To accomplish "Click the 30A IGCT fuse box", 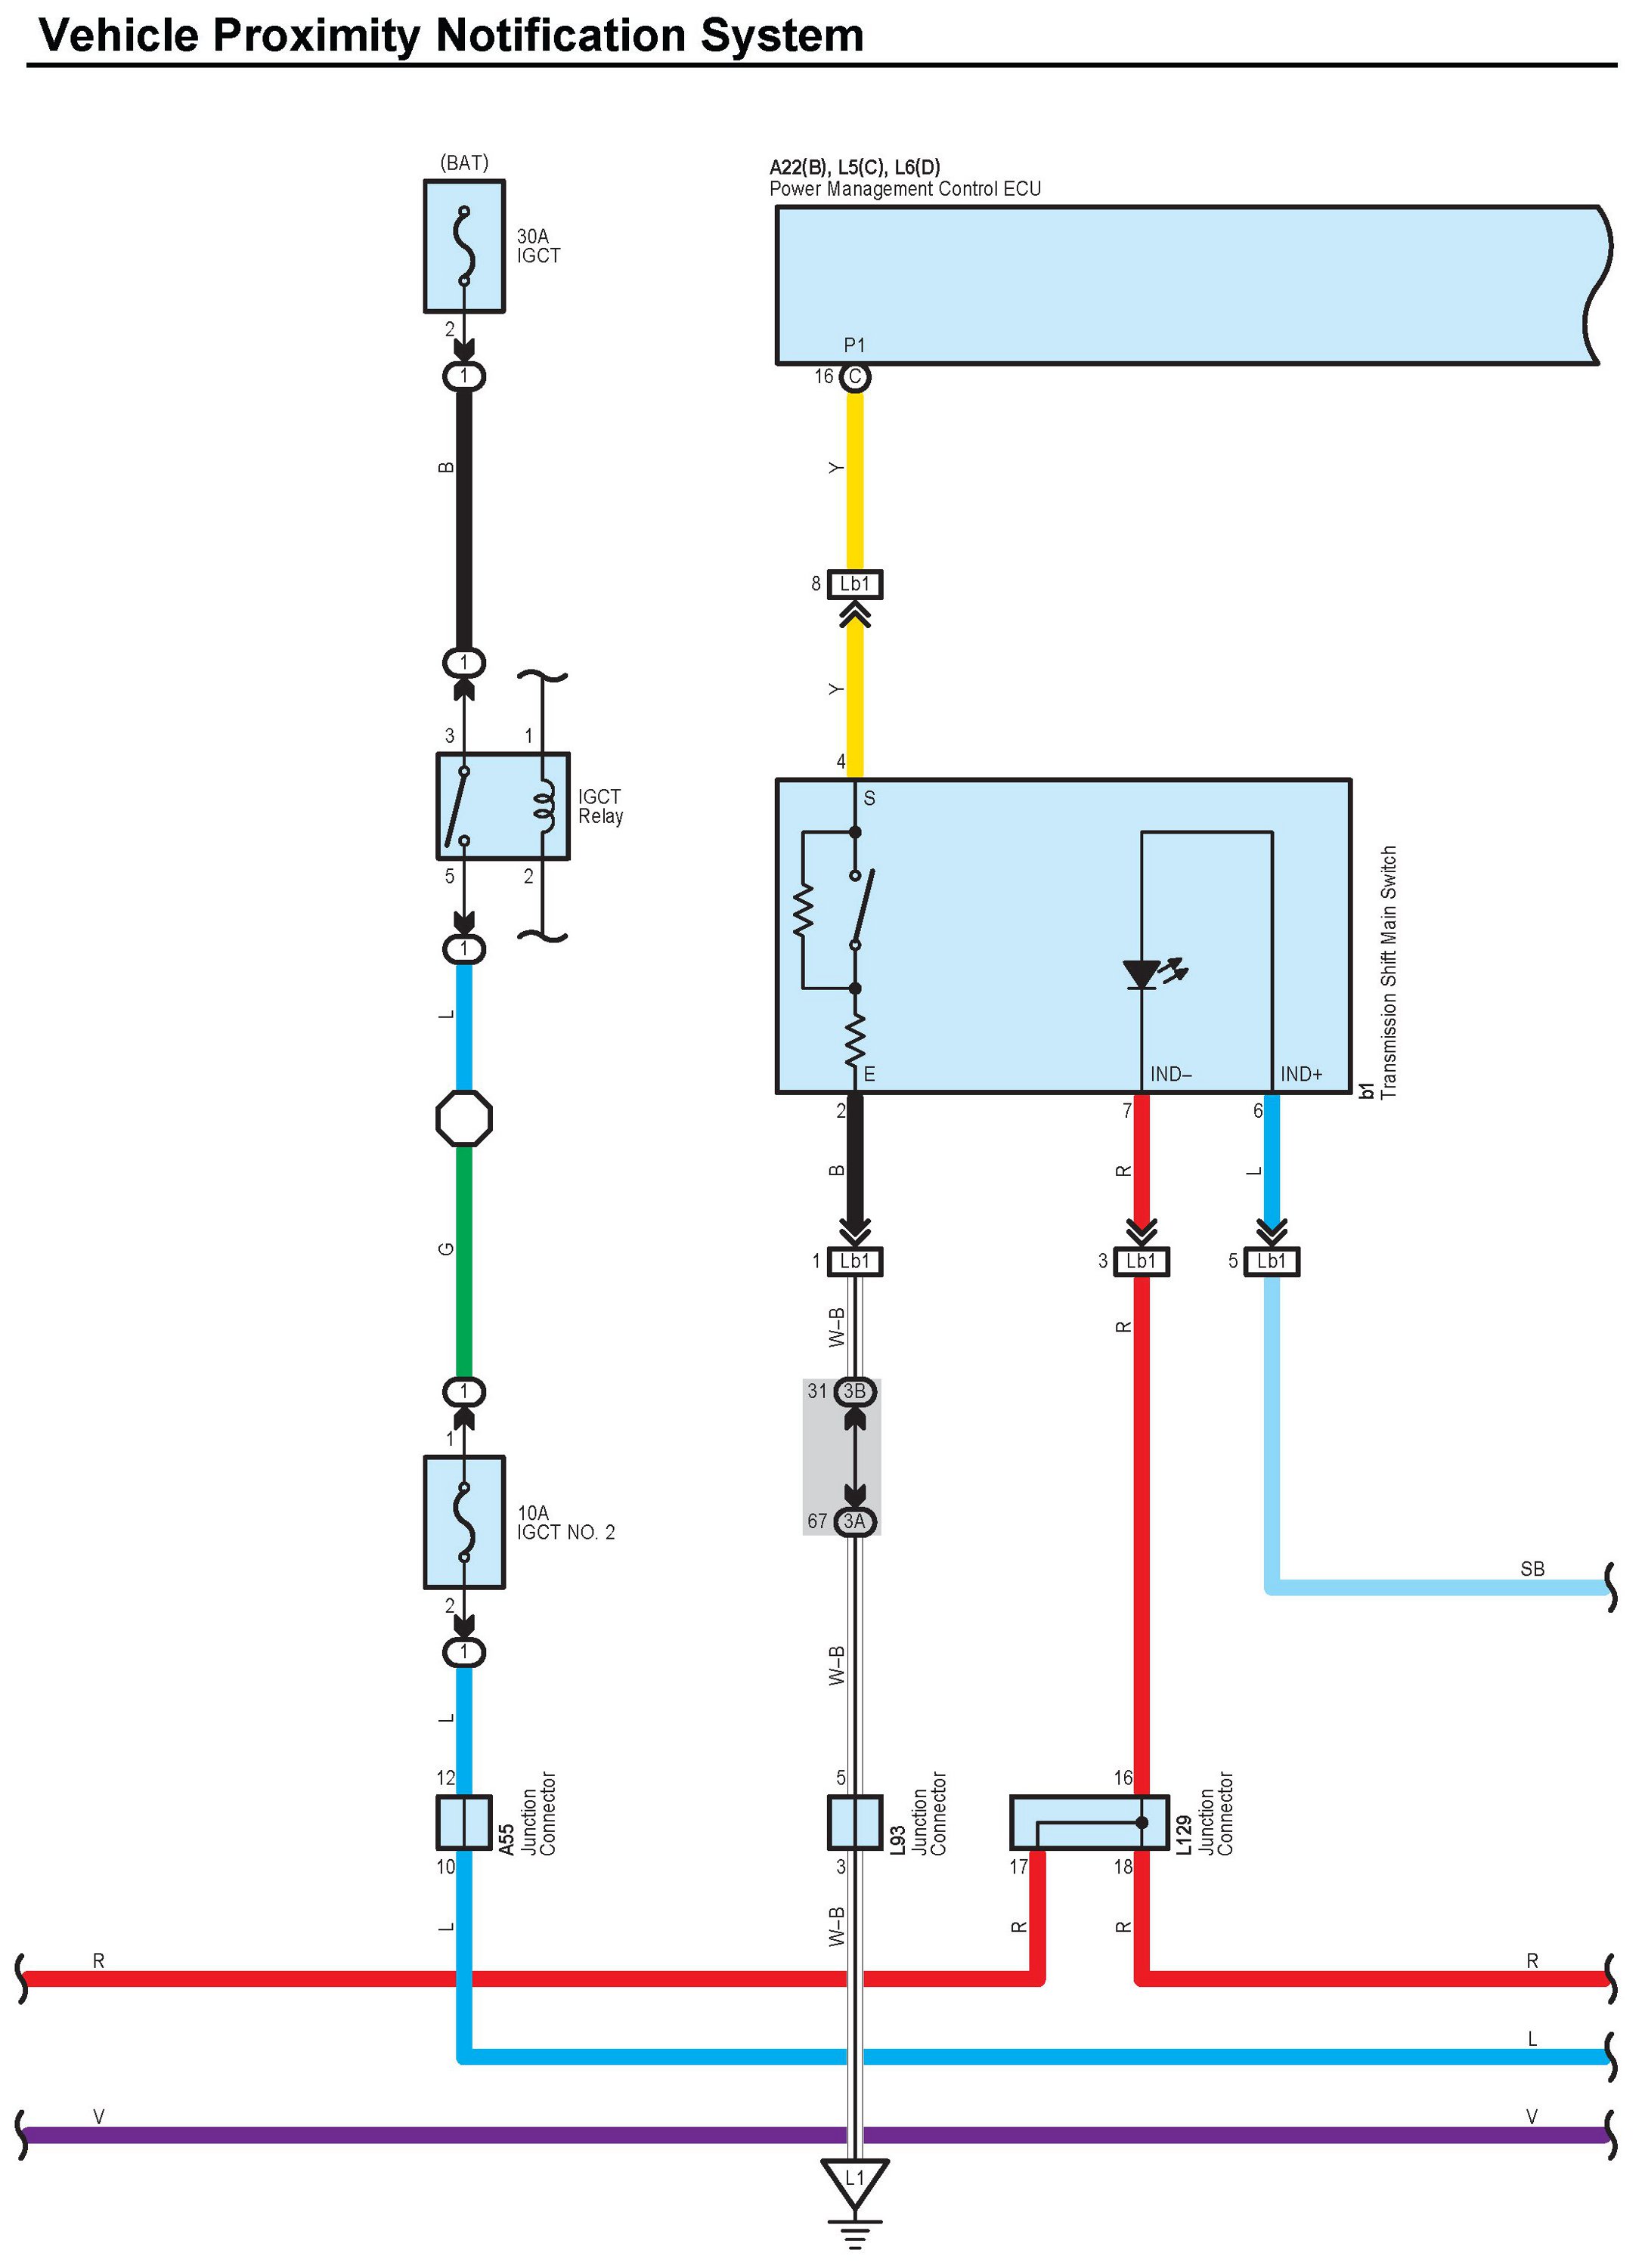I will (463, 246).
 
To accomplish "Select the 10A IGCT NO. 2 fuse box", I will (463, 1521).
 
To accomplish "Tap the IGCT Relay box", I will (503, 806).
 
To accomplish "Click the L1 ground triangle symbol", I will (854, 2180).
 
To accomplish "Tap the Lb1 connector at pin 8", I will (854, 583).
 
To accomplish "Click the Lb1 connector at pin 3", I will (1141, 1261).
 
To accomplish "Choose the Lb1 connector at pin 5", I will (1272, 1261).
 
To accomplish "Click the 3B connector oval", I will (855, 1391).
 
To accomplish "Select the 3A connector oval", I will (855, 1521).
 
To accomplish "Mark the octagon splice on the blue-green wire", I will (463, 1118).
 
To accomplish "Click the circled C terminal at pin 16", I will (855, 376).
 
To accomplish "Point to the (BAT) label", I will (464, 162).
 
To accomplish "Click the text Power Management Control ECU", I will (905, 189).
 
